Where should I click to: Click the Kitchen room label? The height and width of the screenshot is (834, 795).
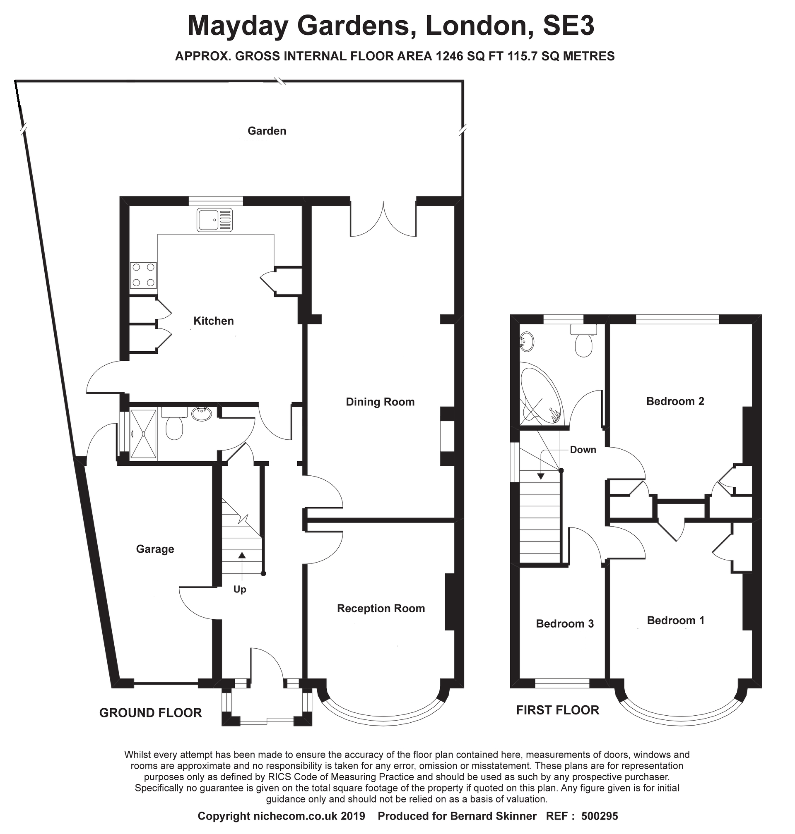(x=213, y=321)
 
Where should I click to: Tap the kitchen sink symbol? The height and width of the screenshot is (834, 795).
(x=214, y=220)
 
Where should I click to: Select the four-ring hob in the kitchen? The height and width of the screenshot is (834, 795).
(x=143, y=275)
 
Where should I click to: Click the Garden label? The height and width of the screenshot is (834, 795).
(x=267, y=131)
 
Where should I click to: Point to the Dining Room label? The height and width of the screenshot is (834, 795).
(x=380, y=402)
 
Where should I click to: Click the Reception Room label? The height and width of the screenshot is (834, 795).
(x=381, y=609)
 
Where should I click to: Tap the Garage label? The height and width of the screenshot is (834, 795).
(x=155, y=549)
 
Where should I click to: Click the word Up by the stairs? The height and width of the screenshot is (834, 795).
(x=240, y=590)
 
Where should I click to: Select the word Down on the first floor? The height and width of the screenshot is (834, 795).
(x=583, y=450)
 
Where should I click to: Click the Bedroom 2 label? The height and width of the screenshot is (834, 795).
(x=675, y=401)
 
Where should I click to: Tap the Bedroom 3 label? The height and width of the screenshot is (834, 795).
(x=564, y=623)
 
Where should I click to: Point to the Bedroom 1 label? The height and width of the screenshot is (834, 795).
(x=675, y=620)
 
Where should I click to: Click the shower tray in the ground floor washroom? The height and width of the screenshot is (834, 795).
(x=144, y=433)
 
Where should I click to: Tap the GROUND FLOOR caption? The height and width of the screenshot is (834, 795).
(x=150, y=712)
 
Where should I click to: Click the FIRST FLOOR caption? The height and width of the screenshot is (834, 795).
(x=557, y=710)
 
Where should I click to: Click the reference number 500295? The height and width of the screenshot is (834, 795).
(x=600, y=816)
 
